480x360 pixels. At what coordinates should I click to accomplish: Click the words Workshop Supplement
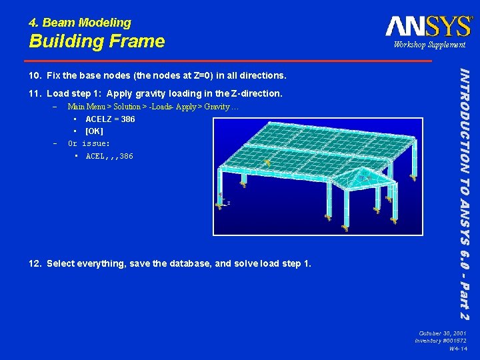(429, 45)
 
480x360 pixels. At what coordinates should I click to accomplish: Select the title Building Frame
(97, 41)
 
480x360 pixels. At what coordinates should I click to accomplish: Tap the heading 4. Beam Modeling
(80, 23)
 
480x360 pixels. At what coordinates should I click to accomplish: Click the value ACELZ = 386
(110, 119)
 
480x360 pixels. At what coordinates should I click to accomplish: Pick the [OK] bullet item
(94, 131)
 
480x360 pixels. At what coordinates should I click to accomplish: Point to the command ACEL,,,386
(109, 156)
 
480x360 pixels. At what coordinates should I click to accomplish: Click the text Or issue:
(89, 143)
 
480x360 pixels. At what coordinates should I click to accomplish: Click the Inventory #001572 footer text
(441, 341)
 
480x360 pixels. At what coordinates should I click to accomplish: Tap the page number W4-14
(458, 349)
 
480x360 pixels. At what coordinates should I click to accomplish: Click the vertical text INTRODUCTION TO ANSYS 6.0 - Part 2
(467, 193)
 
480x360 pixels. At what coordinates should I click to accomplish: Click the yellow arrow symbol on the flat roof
(267, 162)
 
